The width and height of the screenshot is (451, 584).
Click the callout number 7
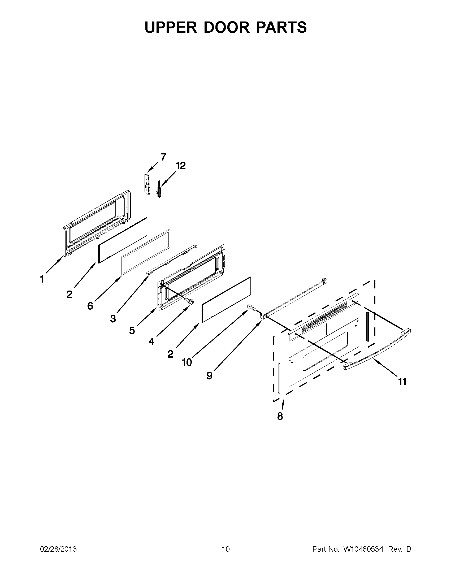tap(163, 157)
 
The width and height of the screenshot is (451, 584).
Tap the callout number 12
tap(180, 166)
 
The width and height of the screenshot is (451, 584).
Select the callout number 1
tap(41, 279)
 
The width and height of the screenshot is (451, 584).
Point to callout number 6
tap(90, 306)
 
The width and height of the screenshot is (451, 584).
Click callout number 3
tap(113, 318)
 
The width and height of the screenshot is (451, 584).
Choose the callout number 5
tap(132, 331)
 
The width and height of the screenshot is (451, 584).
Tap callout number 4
tap(151, 341)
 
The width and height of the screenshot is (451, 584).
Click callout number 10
tap(187, 362)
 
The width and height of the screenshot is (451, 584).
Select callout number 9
tap(209, 376)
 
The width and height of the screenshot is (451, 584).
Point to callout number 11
tap(402, 382)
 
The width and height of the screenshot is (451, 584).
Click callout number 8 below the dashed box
tap(280, 416)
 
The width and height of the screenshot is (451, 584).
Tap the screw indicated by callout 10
tap(251, 307)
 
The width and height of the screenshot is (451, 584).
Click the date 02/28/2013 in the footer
tap(58, 549)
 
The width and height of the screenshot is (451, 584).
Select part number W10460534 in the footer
tap(363, 549)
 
